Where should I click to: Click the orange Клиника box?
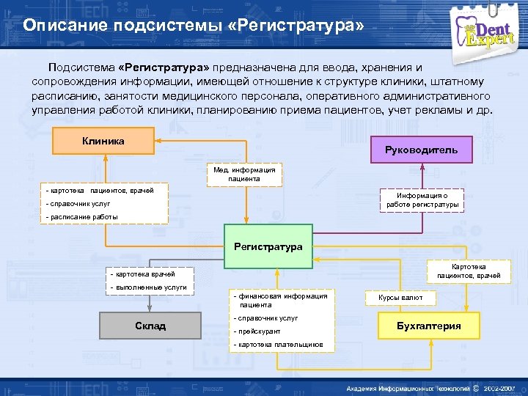coord(103,141)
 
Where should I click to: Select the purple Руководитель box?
coord(421,150)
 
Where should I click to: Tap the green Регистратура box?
coord(268,246)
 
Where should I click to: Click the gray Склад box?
coord(150,326)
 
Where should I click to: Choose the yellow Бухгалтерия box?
coord(428,326)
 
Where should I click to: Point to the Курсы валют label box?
coord(400,298)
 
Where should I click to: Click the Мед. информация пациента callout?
coord(244,174)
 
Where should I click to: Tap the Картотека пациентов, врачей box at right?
coord(469,271)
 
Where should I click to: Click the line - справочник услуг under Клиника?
coord(78,204)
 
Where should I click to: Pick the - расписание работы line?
coord(82,217)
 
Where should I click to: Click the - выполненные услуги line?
coord(147,287)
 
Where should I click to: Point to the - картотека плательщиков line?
coord(277,345)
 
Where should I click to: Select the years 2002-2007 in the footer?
coord(504,387)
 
